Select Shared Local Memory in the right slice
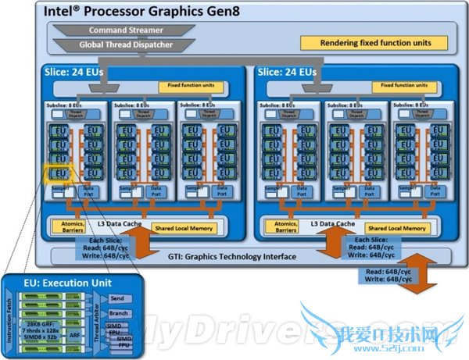[x=397, y=228]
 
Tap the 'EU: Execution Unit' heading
[x=56, y=283]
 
